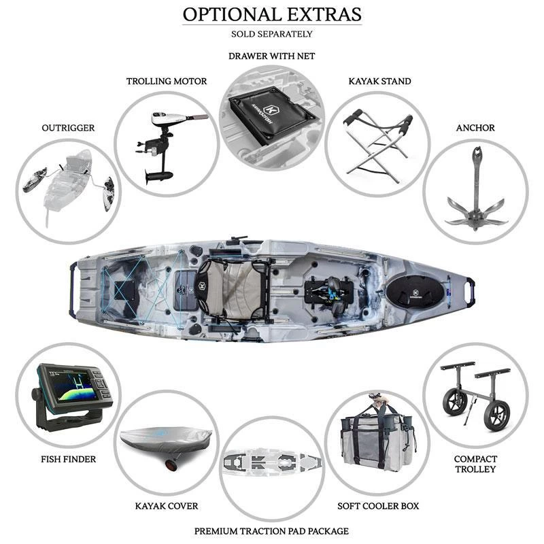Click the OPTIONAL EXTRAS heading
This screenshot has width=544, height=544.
(x=271, y=14)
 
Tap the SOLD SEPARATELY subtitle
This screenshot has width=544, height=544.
(x=271, y=33)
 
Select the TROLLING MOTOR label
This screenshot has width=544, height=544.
(x=167, y=82)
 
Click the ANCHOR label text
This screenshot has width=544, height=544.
(x=475, y=128)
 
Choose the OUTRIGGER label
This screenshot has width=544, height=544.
(x=67, y=127)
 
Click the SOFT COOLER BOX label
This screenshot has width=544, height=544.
(x=378, y=506)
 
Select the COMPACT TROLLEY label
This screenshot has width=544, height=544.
(x=475, y=464)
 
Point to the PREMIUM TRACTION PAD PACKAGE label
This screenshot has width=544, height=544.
(x=271, y=530)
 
